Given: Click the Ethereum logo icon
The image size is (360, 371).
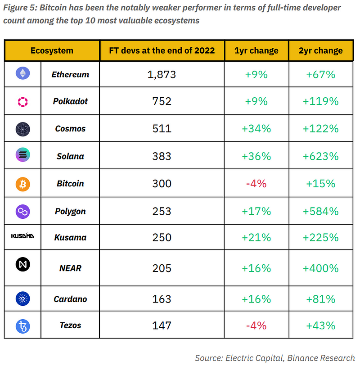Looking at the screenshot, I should click(x=22, y=74).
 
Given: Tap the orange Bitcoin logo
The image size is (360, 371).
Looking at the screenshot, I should click(x=22, y=184).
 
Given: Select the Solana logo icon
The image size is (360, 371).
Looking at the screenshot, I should click(x=22, y=156).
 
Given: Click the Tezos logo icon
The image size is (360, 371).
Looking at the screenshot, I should click(x=22, y=325).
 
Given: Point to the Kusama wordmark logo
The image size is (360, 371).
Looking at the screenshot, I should click(x=22, y=236).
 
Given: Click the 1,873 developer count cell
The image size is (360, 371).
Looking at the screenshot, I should click(x=162, y=74).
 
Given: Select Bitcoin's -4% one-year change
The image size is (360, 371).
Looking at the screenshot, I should click(x=256, y=184).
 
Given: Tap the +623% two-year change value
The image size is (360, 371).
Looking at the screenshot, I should click(x=320, y=156).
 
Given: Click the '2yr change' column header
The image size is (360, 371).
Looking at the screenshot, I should click(x=320, y=50).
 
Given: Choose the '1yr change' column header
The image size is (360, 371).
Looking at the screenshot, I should click(x=256, y=50).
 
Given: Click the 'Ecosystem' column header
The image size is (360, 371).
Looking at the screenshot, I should click(x=52, y=50).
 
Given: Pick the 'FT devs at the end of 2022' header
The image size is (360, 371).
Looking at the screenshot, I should click(x=162, y=50).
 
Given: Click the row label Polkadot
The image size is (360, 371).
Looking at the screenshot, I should click(x=70, y=101).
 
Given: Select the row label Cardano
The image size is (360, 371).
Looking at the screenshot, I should click(x=70, y=299).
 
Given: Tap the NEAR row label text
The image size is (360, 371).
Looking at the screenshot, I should click(x=70, y=268).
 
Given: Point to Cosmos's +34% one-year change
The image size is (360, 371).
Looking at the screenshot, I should click(x=256, y=129).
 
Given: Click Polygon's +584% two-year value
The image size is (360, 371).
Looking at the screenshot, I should click(x=320, y=211).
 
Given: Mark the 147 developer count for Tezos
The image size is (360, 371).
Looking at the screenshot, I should click(x=162, y=325).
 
